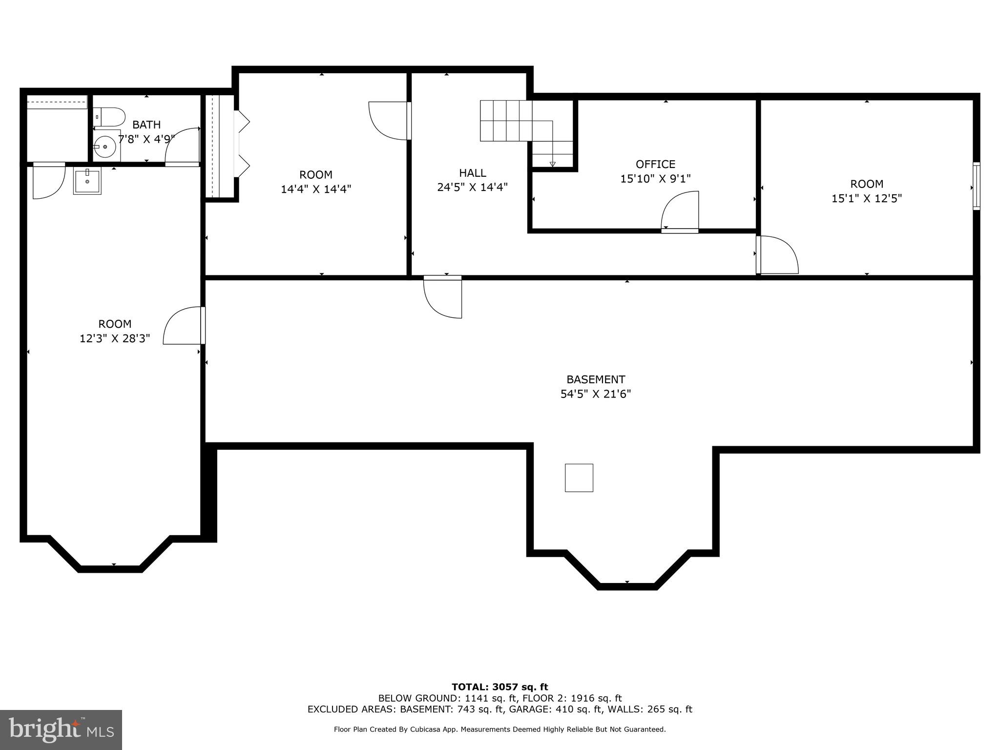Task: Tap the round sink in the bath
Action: tap(104, 146)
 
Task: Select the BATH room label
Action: tap(146, 125)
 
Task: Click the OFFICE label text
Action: tap(655, 164)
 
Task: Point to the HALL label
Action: tap(472, 173)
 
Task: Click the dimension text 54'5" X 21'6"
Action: tap(595, 394)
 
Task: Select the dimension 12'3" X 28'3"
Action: tap(115, 338)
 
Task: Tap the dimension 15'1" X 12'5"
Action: tap(866, 199)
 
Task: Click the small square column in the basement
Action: tap(579, 478)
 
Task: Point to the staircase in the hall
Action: tap(518, 122)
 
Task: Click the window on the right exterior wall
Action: tap(976, 186)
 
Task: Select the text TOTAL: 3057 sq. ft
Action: tap(500, 687)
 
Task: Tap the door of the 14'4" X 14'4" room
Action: tap(389, 120)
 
